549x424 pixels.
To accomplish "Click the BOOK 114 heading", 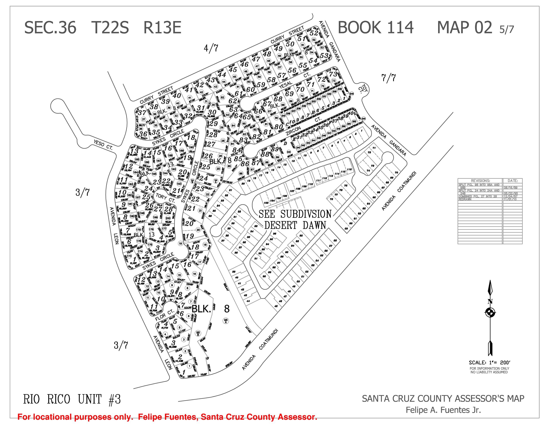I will [375, 28].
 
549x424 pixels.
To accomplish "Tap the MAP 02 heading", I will [465, 28].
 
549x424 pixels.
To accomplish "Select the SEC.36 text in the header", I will [50, 28].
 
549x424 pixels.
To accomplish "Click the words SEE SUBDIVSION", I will [295, 214].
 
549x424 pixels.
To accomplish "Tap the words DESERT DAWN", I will [295, 225].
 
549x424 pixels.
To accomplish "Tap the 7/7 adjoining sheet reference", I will [388, 78].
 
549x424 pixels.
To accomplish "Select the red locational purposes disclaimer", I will [167, 417].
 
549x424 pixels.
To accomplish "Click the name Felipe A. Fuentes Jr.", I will [443, 410].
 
